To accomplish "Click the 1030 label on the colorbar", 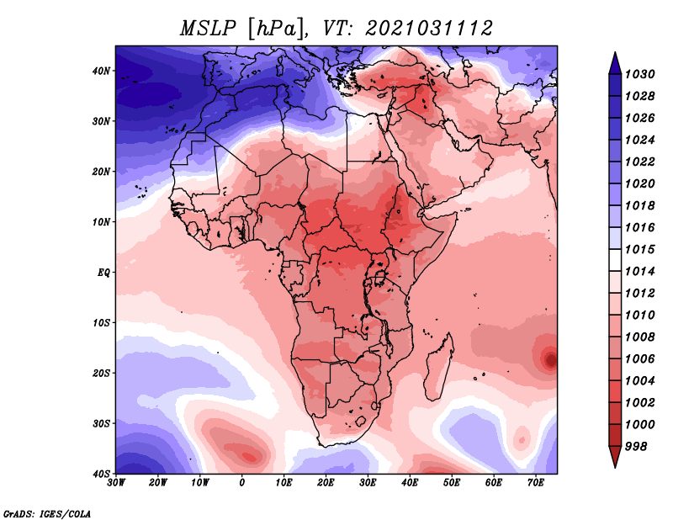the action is coord(639,74).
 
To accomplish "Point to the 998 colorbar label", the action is coord(635,447).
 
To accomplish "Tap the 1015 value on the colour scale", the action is coord(639,249).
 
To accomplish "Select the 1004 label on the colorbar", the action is coord(639,381).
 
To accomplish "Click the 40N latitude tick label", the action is coord(101,71).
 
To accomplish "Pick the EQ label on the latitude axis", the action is coord(103,273).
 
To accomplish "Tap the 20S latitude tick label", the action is coord(101,373).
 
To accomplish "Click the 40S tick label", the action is coord(101,474).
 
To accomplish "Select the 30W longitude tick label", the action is coord(116,483).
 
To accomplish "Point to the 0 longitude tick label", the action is coord(242,483).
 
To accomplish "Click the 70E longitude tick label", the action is coord(536,483).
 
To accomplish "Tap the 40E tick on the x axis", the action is coord(410,483).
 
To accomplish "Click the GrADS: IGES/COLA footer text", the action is coord(47,514).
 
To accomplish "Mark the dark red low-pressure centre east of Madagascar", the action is coord(550,359).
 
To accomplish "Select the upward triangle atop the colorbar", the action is coord(615,63).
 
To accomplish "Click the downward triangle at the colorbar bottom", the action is coord(615,456).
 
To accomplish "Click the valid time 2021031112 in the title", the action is coord(428,29).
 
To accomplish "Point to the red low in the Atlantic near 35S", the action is coord(246,454).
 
